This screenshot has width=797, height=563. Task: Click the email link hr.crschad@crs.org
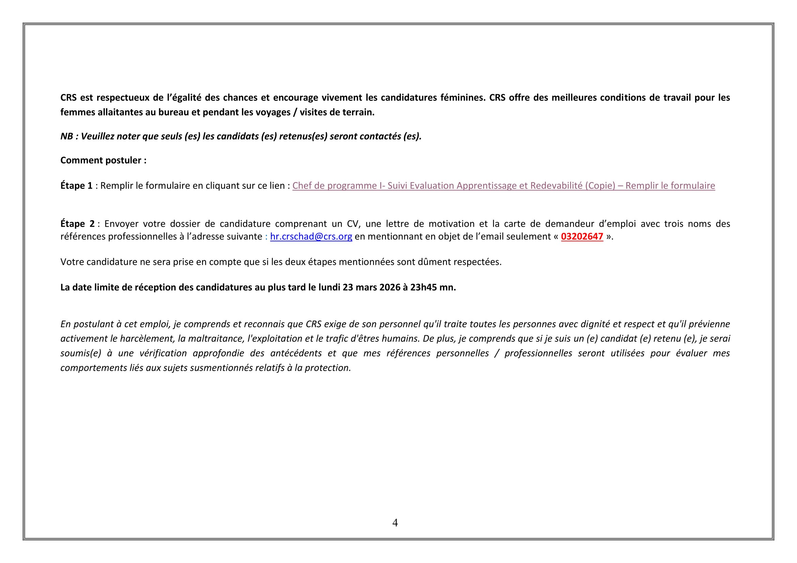pyautogui.click(x=311, y=237)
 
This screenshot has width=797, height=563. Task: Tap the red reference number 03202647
pyautogui.click(x=582, y=237)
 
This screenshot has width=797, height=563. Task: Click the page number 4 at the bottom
pyautogui.click(x=395, y=522)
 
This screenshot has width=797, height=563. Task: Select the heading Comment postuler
pyautogui.click(x=103, y=160)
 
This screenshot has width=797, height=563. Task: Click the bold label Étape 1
pyautogui.click(x=76, y=186)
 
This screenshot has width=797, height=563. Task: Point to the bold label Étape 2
pyautogui.click(x=77, y=224)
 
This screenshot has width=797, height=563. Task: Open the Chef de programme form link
pyautogui.click(x=503, y=186)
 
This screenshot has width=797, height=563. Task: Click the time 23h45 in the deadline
pyautogui.click(x=423, y=287)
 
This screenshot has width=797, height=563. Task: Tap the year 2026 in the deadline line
pyautogui.click(x=390, y=287)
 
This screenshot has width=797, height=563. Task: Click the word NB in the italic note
pyautogui.click(x=66, y=136)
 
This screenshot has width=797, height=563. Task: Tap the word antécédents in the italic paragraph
pyautogui.click(x=298, y=353)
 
